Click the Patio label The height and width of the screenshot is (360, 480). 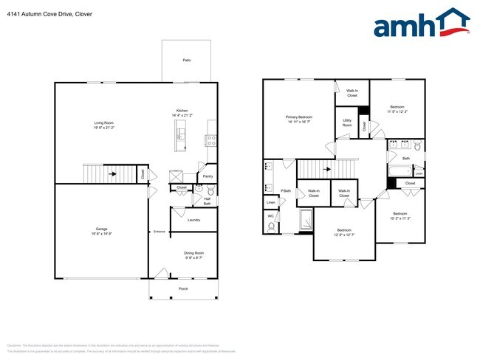pyautogui.click(x=187, y=60)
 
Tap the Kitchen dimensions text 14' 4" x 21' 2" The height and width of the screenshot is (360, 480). pyautogui.click(x=182, y=116)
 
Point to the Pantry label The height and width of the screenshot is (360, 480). pyautogui.click(x=208, y=176)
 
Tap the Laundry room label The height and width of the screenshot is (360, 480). pyautogui.click(x=193, y=220)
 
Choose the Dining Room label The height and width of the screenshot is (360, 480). pyautogui.click(x=193, y=253)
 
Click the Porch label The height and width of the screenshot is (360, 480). pyautogui.click(x=183, y=288)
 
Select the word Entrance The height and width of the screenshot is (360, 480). pyautogui.click(x=160, y=232)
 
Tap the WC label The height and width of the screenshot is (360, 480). pyautogui.click(x=270, y=216)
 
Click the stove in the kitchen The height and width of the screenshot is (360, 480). pyautogui.click(x=210, y=138)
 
